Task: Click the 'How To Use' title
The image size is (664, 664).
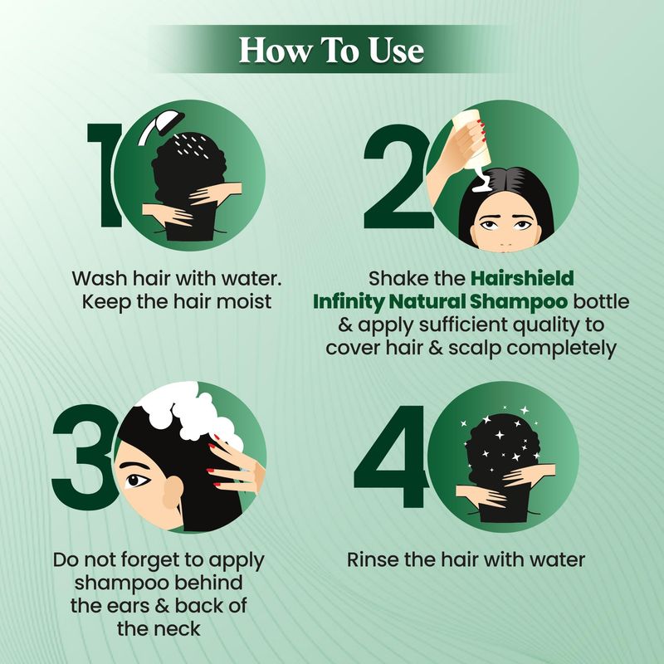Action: pos(331,51)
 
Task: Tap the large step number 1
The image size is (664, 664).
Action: pos(105,175)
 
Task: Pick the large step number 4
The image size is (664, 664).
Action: pos(392,456)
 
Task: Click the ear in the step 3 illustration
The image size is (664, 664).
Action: pos(173,492)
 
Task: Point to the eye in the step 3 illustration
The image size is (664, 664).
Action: pos(136,481)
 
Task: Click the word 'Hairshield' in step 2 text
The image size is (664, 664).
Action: pos(522,278)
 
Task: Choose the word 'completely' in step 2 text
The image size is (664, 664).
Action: pos(562,349)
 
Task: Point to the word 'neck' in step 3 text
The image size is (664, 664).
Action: pos(179,628)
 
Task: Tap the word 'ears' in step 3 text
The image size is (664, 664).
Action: pos(129,606)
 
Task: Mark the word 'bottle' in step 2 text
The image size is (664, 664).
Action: pos(601,302)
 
